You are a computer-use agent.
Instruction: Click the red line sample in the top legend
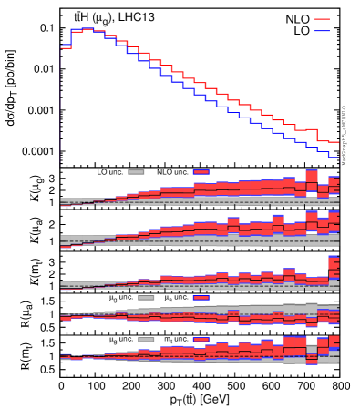(x=322, y=19)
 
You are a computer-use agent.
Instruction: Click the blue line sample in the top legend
(x=322, y=32)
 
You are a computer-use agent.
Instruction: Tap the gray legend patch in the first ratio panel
(x=136, y=171)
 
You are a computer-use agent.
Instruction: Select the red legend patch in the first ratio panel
(x=201, y=171)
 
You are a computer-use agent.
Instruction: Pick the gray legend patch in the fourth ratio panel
(x=146, y=297)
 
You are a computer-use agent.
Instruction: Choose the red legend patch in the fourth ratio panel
(x=201, y=297)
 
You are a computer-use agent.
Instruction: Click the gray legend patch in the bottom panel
(x=146, y=339)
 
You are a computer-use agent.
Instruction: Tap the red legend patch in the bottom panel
(x=201, y=339)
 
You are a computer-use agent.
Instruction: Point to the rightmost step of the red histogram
(x=334, y=142)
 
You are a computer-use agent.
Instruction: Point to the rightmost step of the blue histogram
(x=334, y=156)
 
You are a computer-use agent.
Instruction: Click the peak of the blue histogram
(x=87, y=29)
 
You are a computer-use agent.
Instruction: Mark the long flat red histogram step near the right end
(x=305, y=129)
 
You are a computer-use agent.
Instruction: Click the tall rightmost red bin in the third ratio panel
(x=334, y=266)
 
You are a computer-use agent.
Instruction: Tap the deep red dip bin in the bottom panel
(x=312, y=356)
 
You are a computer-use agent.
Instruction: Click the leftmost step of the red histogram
(x=66, y=47)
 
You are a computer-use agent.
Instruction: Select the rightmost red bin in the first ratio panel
(x=334, y=185)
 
